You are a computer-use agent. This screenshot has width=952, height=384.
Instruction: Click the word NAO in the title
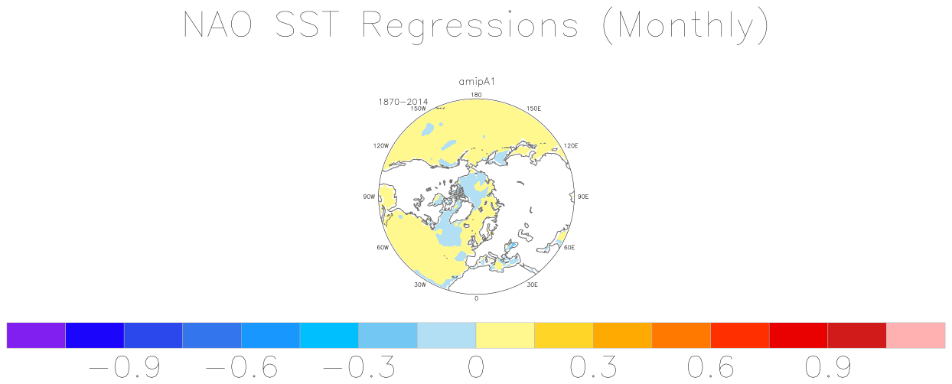[x=217, y=24]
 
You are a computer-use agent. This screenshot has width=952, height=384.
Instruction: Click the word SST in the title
[x=308, y=24]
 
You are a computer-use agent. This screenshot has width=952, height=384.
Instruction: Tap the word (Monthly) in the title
[x=686, y=26]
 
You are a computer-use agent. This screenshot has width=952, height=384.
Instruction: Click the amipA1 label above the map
[x=477, y=82]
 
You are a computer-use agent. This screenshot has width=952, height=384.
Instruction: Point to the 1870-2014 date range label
[x=403, y=102]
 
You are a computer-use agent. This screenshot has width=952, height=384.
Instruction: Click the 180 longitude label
[x=476, y=95]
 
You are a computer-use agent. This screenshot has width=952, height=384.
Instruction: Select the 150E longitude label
[x=534, y=109]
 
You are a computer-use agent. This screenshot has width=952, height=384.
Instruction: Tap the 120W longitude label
[x=381, y=145]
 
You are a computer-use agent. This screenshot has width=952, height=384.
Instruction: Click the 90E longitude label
[x=583, y=197]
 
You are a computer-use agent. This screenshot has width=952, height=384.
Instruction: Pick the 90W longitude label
[x=369, y=197]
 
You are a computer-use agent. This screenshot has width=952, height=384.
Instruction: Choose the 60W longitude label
[x=383, y=248]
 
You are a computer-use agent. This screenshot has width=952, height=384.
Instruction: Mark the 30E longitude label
[x=532, y=285]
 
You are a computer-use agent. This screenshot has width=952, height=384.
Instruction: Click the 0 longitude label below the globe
[x=476, y=298]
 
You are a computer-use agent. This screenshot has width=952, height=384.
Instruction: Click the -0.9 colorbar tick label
[x=125, y=366]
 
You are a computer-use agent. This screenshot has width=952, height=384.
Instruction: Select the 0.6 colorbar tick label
[x=710, y=366]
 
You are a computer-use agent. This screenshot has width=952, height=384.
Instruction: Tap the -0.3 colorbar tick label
[x=359, y=366]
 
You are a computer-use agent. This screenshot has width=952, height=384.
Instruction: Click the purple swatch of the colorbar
[x=36, y=335]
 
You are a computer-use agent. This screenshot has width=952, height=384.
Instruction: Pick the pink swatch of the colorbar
[x=916, y=335]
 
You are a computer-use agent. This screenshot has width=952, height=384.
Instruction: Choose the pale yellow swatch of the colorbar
[x=505, y=335]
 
